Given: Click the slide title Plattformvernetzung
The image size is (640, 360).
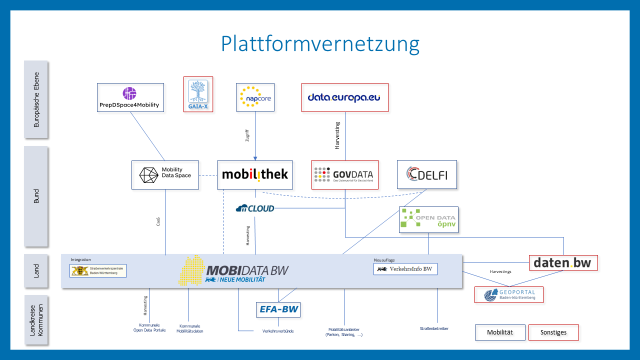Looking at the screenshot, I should tap(320, 44).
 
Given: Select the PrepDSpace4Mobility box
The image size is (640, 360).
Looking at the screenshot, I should tap(130, 97).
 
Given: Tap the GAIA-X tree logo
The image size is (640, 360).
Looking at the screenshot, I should tap(198, 94).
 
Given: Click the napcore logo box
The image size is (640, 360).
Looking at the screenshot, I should tap(255, 97).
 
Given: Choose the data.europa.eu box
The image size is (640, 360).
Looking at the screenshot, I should tap(345, 97).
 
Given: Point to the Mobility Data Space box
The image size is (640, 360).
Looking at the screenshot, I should tap(165, 175).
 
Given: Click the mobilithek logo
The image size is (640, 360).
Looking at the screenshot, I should tap(255, 174).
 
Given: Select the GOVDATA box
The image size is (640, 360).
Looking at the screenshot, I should tap(344, 174).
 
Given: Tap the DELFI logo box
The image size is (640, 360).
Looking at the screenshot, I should tap(426, 174).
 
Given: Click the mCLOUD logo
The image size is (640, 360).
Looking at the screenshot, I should tap(255, 208).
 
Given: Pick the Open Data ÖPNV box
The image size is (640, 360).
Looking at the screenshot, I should tap(428, 220).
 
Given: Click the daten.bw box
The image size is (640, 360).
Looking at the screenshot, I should tap(563, 262).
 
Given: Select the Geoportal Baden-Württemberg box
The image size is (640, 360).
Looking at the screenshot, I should tap(508, 295).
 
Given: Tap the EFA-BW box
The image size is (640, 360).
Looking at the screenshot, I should tap(278, 309).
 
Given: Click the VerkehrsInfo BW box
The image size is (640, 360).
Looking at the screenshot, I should tap(405, 269).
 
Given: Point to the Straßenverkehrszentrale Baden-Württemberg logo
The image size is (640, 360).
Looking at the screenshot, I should tap(98, 270).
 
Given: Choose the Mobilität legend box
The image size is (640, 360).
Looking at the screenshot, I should tap(500, 332).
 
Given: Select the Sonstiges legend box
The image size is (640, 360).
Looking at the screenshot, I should tap(553, 332).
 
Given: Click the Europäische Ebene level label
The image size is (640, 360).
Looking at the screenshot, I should tap(36, 99).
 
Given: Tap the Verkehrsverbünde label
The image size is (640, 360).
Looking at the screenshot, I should tap(278, 331).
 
